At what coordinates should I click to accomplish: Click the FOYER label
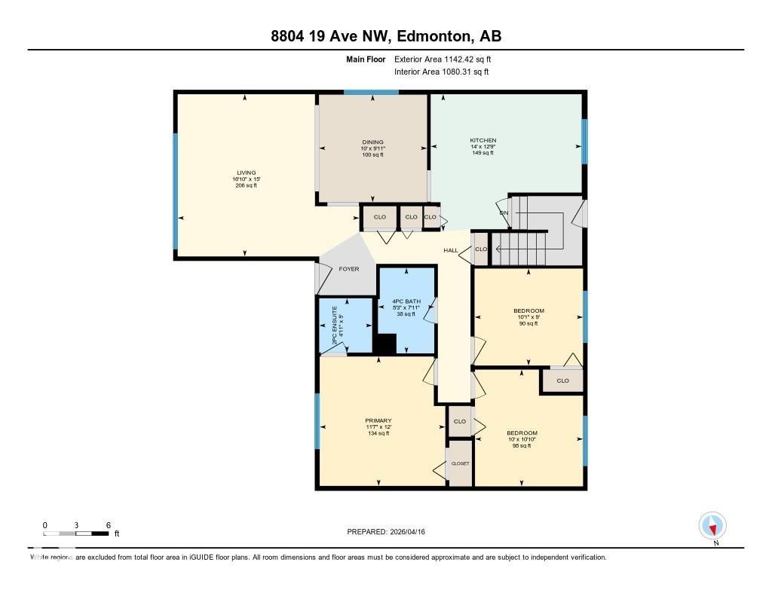point(348,269)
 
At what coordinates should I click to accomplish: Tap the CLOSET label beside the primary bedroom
point(460,463)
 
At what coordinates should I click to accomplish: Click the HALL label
point(451,250)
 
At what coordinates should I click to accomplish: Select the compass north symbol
point(712,525)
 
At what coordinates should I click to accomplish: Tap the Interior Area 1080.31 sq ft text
point(441,72)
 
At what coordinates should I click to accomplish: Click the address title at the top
point(386,36)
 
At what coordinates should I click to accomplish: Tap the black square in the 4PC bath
point(385,344)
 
